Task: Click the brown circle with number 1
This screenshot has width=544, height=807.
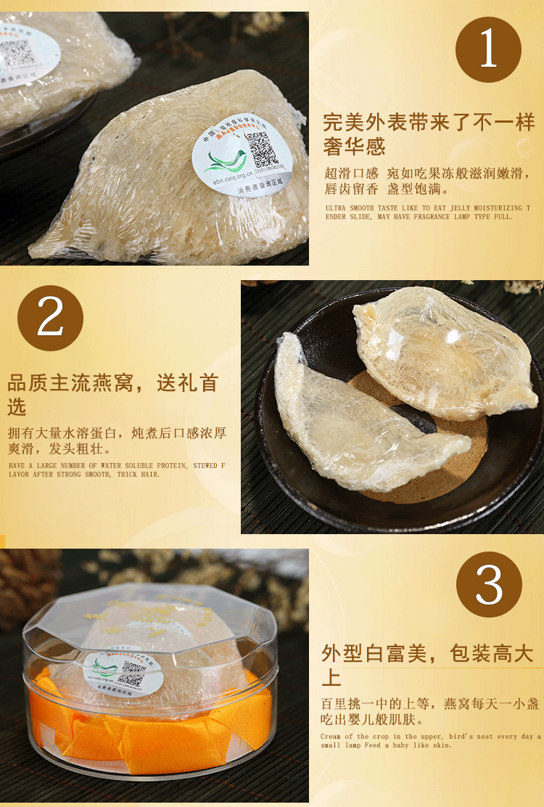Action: point(488,50)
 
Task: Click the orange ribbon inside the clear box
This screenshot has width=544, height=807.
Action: point(152,729)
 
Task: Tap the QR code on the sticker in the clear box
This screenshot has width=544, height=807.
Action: point(131,680)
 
